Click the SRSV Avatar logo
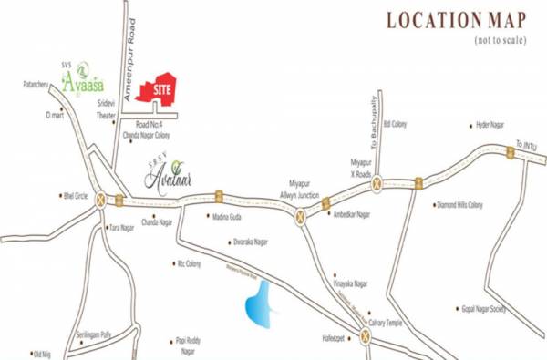coord(171,170)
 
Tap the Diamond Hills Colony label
coord(462,205)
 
